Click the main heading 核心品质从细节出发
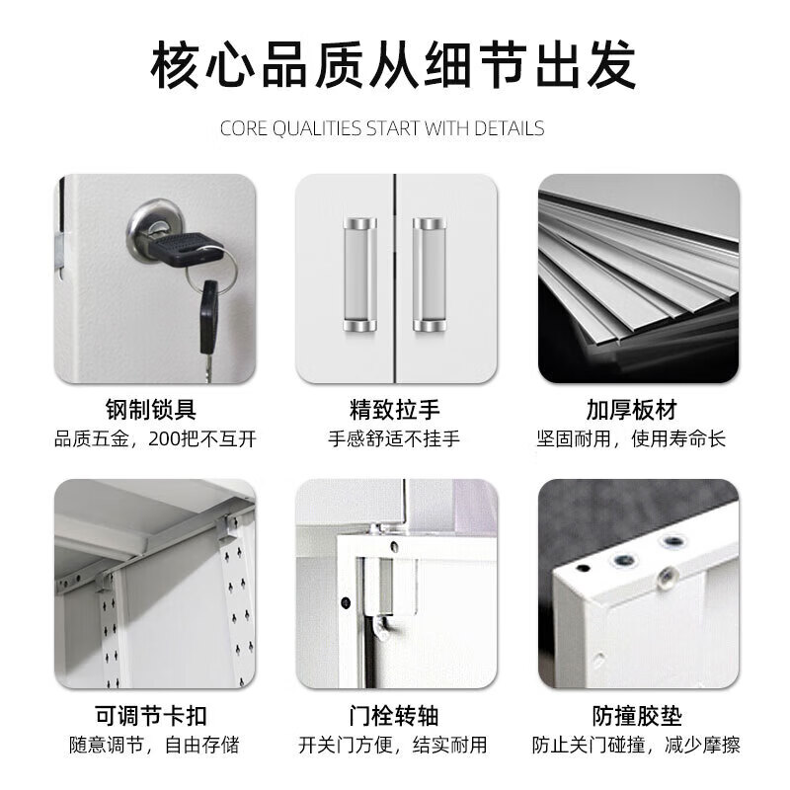coord(393,65)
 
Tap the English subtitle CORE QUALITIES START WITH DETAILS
coord(382,128)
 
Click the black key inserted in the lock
coord(185,249)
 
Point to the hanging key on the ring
coord(208,328)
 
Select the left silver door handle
coord(360,275)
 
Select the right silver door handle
coord(430,275)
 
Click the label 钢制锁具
coord(151,409)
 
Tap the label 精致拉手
coord(394,409)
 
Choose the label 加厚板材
coord(632,409)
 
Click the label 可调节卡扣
coord(151,715)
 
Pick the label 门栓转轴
coord(394,715)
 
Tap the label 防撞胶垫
coord(637,715)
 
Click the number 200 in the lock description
coord(164,438)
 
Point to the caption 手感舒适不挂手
coord(394,438)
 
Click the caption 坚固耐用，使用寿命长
coord(631,438)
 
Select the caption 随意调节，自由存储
coord(154,745)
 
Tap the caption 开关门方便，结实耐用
coord(393,745)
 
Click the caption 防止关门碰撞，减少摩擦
coord(636,745)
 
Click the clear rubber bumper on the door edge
coord(669,576)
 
